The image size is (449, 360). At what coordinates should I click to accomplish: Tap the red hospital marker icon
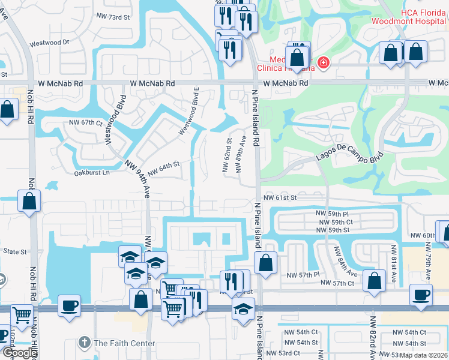(x=324, y=62)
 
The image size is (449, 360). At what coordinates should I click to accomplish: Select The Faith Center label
(x=124, y=344)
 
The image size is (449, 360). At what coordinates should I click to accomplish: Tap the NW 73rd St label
(x=112, y=18)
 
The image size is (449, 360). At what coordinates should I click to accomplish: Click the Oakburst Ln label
(x=92, y=173)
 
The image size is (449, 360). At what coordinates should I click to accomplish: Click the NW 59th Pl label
(x=334, y=214)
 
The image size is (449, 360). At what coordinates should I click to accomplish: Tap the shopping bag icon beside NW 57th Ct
(x=375, y=280)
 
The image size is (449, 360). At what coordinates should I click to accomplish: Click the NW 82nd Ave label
(x=373, y=339)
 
